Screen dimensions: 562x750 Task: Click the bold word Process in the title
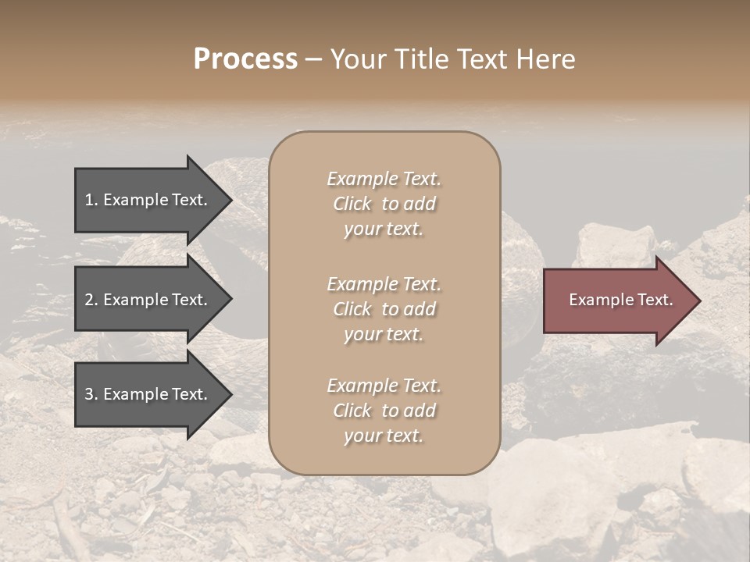click(245, 59)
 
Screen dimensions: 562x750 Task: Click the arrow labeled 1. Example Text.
click(148, 200)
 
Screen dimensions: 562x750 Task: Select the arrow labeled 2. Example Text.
click(148, 300)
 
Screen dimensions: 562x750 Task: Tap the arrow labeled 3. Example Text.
click(148, 395)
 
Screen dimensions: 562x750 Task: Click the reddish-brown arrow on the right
click(617, 301)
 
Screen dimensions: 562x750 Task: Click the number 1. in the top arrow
click(91, 200)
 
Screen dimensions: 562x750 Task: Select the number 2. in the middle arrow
click(91, 300)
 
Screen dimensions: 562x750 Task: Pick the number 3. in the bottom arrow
click(91, 395)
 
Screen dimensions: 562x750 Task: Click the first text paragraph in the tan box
click(384, 204)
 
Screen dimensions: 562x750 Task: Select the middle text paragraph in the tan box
click(384, 309)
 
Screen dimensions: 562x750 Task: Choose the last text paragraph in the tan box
click(384, 411)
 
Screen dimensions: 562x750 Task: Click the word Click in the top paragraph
click(352, 204)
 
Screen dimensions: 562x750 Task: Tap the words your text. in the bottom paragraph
click(384, 436)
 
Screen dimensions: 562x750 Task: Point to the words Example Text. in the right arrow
click(621, 300)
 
